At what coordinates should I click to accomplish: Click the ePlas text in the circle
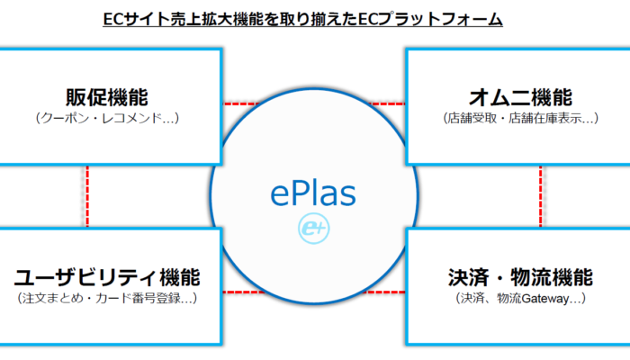pyautogui.click(x=313, y=194)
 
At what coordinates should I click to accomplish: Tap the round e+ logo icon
pyautogui.click(x=314, y=229)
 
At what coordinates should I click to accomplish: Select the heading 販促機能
pyautogui.click(x=107, y=97)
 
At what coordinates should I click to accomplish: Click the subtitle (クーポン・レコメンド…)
pyautogui.click(x=107, y=118)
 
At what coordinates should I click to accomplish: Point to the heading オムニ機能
pyautogui.click(x=521, y=97)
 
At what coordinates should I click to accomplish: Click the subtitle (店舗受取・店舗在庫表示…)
pyautogui.click(x=521, y=118)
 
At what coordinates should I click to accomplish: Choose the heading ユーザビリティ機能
pyautogui.click(x=107, y=277)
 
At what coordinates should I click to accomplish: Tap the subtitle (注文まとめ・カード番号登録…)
pyautogui.click(x=107, y=299)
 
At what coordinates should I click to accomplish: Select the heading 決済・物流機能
pyautogui.click(x=521, y=277)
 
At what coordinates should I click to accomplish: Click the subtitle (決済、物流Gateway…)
pyautogui.click(x=521, y=299)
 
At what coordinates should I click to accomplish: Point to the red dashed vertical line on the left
pyautogui.click(x=87, y=196)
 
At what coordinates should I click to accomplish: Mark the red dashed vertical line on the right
pyautogui.click(x=540, y=196)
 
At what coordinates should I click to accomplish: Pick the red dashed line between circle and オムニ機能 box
pyautogui.click(x=387, y=103)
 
